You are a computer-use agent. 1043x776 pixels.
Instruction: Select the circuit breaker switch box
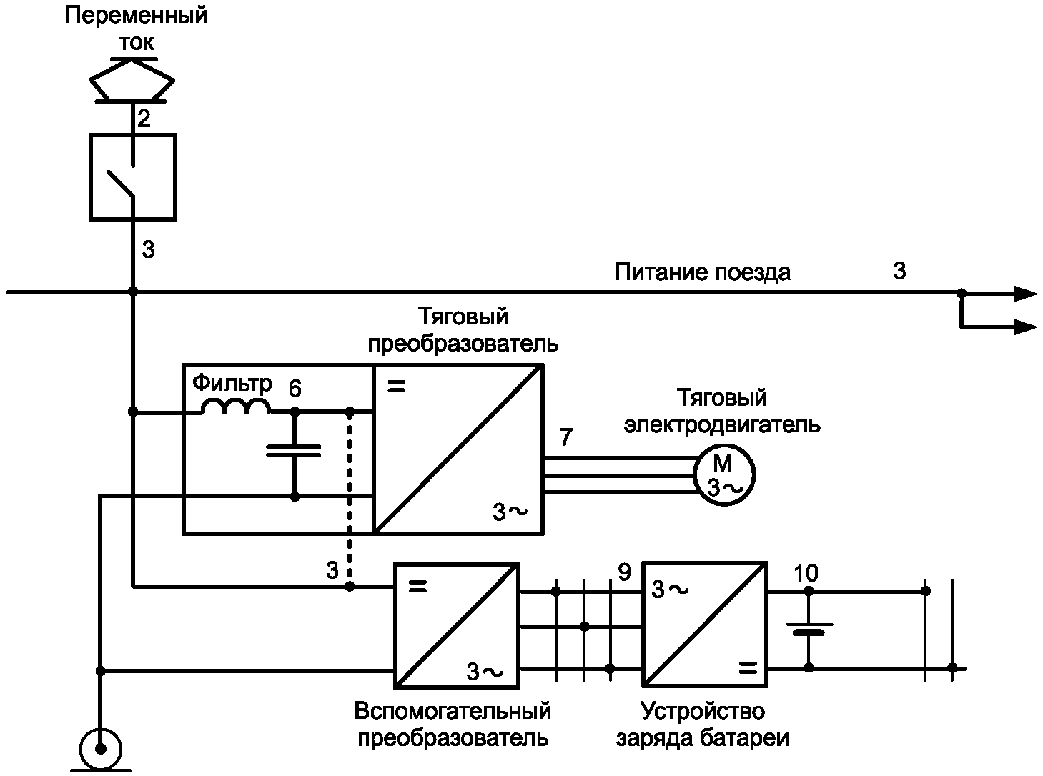pos(89,177)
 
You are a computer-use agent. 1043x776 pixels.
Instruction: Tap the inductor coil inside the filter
pos(236,406)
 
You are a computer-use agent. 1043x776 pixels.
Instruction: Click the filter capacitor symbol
pos(293,451)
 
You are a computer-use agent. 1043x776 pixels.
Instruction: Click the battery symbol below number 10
pos(809,628)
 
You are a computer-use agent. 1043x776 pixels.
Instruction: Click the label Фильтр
pos(232,384)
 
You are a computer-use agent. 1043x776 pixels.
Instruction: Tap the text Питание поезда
pos(702,273)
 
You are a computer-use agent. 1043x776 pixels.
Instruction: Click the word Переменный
pos(136,16)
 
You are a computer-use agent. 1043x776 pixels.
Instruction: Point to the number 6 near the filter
pos(295,388)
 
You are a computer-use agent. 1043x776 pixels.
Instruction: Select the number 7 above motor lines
pos(565,437)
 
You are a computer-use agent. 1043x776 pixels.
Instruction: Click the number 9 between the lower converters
pos(624,572)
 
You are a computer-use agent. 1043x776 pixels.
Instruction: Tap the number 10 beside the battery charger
pos(806,573)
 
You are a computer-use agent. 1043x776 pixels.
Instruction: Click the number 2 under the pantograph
pos(144,119)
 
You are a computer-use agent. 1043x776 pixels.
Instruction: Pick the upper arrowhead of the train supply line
pos(1025,294)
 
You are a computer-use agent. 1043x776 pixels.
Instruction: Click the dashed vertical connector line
pos(350,499)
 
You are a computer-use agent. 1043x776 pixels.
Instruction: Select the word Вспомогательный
pos(453,711)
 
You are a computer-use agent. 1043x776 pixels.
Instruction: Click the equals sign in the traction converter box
pos(396,387)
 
